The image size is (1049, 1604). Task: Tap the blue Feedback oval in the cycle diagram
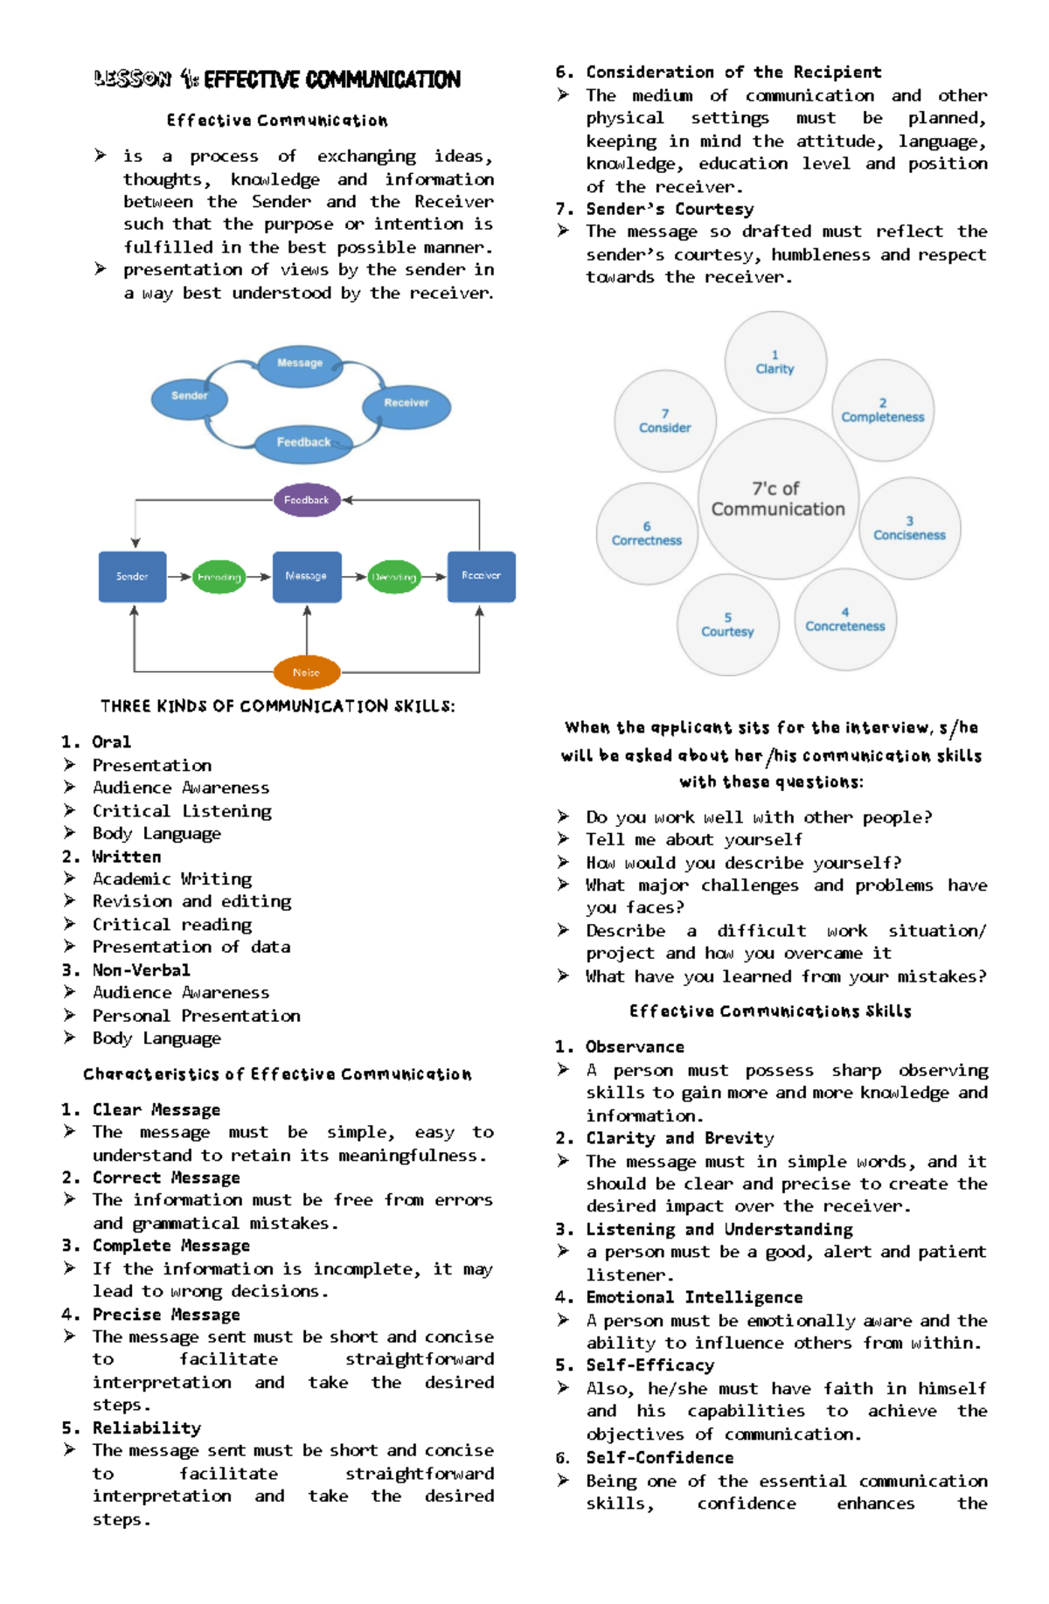coord(303,443)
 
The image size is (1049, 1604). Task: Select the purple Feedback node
coord(306,500)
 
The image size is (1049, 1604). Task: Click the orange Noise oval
coord(306,672)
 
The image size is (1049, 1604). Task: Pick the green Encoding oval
coord(219,577)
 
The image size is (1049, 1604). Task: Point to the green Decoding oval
coord(393,577)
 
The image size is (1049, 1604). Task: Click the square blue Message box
coord(307,577)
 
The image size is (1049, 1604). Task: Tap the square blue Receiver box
coord(481,577)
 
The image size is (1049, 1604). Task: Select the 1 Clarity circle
coord(775,362)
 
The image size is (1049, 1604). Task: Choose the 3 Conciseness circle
coord(909,528)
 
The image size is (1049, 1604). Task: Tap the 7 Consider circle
coord(665,421)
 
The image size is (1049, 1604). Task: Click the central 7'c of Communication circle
coord(778,499)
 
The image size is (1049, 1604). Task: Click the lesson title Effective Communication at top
coord(277,80)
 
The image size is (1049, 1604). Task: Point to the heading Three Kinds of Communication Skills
coord(277,705)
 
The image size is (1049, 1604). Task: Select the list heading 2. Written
coord(112,857)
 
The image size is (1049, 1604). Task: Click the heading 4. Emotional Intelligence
coord(679,1297)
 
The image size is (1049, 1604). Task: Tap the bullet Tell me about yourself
coord(693,840)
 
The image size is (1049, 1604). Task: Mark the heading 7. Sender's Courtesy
coord(655,209)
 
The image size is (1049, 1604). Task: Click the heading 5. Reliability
coord(132,1427)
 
